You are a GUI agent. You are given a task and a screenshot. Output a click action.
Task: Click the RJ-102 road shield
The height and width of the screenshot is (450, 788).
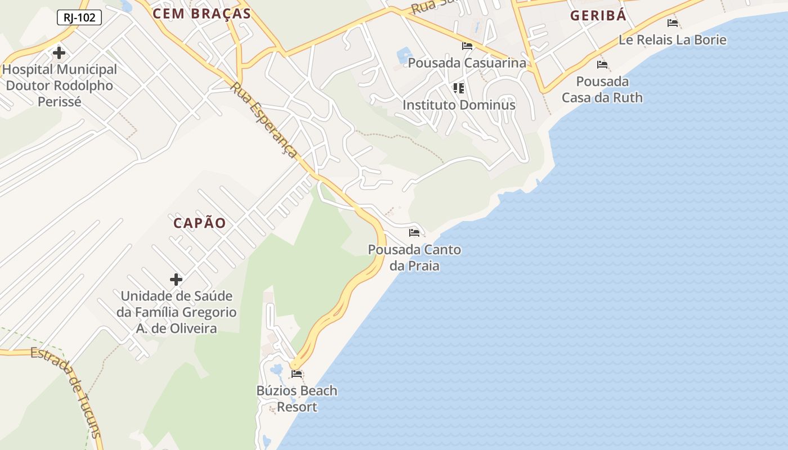click(x=79, y=17)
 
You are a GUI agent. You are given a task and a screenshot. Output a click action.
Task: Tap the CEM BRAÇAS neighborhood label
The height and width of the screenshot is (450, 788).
click(x=202, y=14)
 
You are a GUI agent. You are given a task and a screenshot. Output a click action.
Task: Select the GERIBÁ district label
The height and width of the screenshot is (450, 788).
click(x=598, y=15)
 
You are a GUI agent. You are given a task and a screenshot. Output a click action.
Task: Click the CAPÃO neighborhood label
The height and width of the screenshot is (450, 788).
click(x=200, y=223)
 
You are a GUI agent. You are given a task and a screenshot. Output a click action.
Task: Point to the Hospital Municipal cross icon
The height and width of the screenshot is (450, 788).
click(x=59, y=53)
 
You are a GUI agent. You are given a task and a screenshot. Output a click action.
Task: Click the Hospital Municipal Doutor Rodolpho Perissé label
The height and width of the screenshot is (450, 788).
click(x=60, y=85)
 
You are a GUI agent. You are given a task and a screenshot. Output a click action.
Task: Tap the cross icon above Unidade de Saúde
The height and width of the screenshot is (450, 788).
click(x=176, y=279)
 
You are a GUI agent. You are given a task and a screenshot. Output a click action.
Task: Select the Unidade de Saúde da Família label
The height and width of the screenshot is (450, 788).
click(x=177, y=312)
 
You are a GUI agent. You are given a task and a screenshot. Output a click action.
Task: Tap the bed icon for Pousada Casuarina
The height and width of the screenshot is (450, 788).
click(x=467, y=46)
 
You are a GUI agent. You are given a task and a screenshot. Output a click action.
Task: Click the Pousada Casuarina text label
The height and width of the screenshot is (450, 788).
click(x=467, y=62)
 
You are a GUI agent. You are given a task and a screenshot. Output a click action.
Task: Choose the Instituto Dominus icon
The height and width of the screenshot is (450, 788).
click(x=459, y=88)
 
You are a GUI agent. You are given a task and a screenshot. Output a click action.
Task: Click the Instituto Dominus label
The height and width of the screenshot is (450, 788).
click(x=459, y=105)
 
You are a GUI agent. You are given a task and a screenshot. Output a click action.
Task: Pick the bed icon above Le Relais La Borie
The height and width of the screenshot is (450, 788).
click(x=673, y=23)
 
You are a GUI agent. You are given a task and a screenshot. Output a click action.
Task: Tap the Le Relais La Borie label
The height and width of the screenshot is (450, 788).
click(x=673, y=40)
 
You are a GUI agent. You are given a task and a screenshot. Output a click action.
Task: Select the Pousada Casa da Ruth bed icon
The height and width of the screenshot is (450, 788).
click(x=602, y=65)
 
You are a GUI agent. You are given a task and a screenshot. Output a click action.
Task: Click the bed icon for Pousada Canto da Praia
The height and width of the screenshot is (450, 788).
click(x=415, y=233)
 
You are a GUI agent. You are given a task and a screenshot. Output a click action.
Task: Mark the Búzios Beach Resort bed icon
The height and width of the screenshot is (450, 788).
click(x=297, y=374)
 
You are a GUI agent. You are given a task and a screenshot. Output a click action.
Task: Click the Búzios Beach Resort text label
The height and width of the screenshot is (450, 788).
click(x=297, y=398)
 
